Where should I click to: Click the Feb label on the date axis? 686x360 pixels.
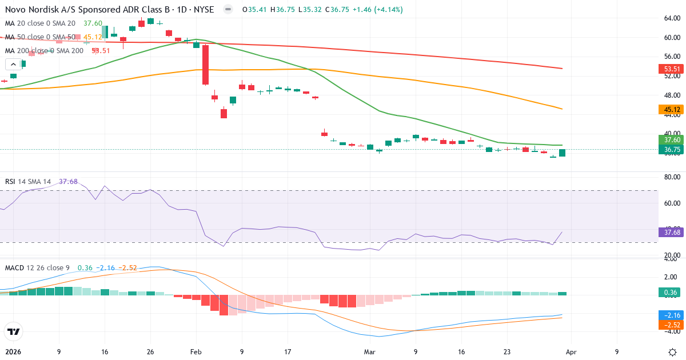[196, 352]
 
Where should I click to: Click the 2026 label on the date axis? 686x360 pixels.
[13, 352]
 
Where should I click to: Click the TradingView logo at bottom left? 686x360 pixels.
[13, 331]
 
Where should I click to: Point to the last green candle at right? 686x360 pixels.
[563, 153]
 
